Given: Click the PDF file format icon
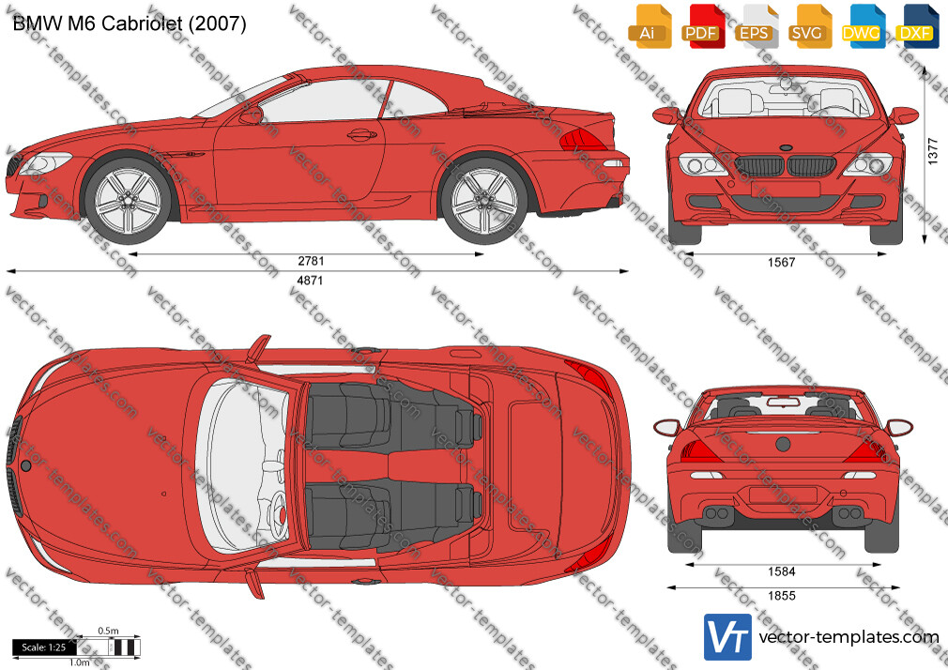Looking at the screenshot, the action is click(x=702, y=26).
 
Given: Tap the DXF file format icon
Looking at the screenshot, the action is click(x=917, y=26).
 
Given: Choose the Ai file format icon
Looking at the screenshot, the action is click(x=650, y=26).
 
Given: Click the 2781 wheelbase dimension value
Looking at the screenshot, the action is click(x=311, y=261).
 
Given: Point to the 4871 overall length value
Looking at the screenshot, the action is click(x=311, y=281).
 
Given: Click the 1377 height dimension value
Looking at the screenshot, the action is click(x=932, y=151).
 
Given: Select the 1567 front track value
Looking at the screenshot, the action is click(x=781, y=263).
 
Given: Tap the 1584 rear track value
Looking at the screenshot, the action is click(x=781, y=572).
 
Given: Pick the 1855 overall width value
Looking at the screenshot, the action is click(x=781, y=596).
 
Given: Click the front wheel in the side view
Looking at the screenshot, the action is click(x=129, y=200).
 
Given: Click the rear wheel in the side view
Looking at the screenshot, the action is click(x=483, y=200).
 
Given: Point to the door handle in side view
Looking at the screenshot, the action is click(x=361, y=134).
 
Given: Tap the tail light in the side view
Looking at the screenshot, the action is click(x=582, y=141).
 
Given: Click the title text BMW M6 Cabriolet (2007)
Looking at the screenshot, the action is click(x=130, y=23).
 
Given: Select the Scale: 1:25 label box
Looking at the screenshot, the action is click(x=44, y=647).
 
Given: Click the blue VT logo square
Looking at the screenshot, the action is click(x=728, y=637).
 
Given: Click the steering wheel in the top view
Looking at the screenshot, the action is click(x=278, y=515).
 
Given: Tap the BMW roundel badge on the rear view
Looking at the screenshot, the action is click(x=783, y=445).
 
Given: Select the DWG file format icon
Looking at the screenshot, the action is click(x=864, y=26).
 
